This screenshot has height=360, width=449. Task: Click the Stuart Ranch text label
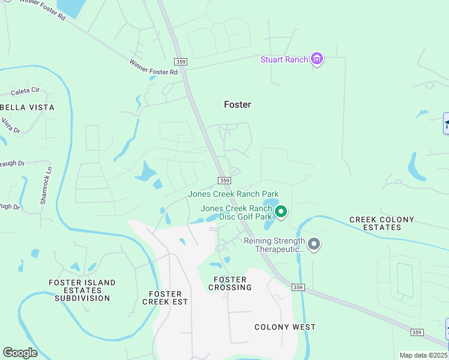284,59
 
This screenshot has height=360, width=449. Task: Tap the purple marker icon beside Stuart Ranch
317,59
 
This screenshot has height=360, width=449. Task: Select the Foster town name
237,104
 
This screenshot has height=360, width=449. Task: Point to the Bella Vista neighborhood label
27,107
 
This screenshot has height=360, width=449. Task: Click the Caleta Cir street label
25,92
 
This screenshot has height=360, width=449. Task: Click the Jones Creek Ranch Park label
234,194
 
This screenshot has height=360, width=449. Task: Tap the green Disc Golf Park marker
280,211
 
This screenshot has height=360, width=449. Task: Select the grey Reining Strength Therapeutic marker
314,244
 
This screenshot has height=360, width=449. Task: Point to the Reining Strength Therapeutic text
274,245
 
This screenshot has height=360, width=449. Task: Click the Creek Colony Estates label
382,223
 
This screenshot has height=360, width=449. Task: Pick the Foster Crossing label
230,284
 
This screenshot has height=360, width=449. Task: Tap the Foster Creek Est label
162,298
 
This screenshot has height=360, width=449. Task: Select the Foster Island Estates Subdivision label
82,290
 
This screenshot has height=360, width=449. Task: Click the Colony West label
285,327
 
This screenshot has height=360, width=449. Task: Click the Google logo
20,352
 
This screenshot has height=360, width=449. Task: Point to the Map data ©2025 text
424,355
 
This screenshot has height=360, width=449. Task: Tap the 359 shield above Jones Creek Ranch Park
224,181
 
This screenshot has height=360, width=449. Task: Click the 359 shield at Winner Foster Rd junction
180,62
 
